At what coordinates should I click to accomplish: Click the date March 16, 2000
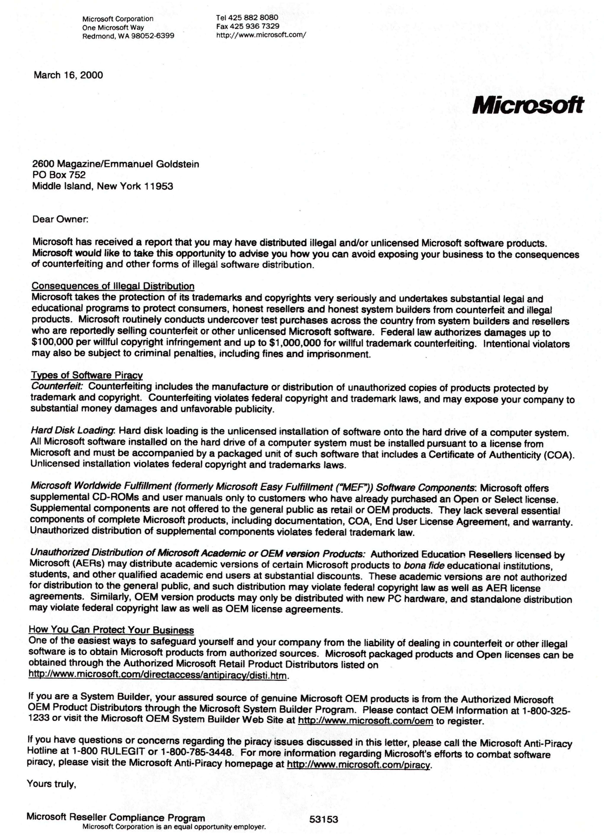point(68,75)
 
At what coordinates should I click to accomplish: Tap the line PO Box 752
point(59,175)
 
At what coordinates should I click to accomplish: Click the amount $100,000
point(52,343)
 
